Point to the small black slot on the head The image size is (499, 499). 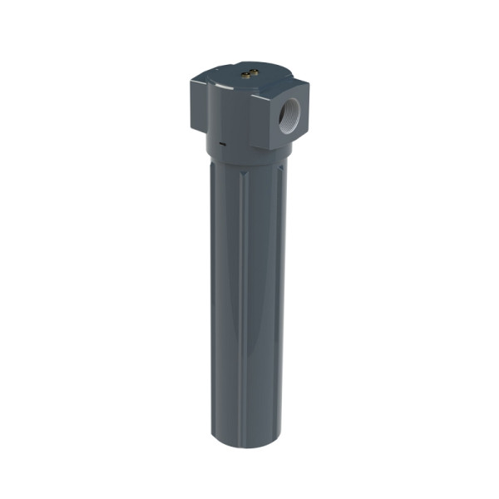tap(223, 143)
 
